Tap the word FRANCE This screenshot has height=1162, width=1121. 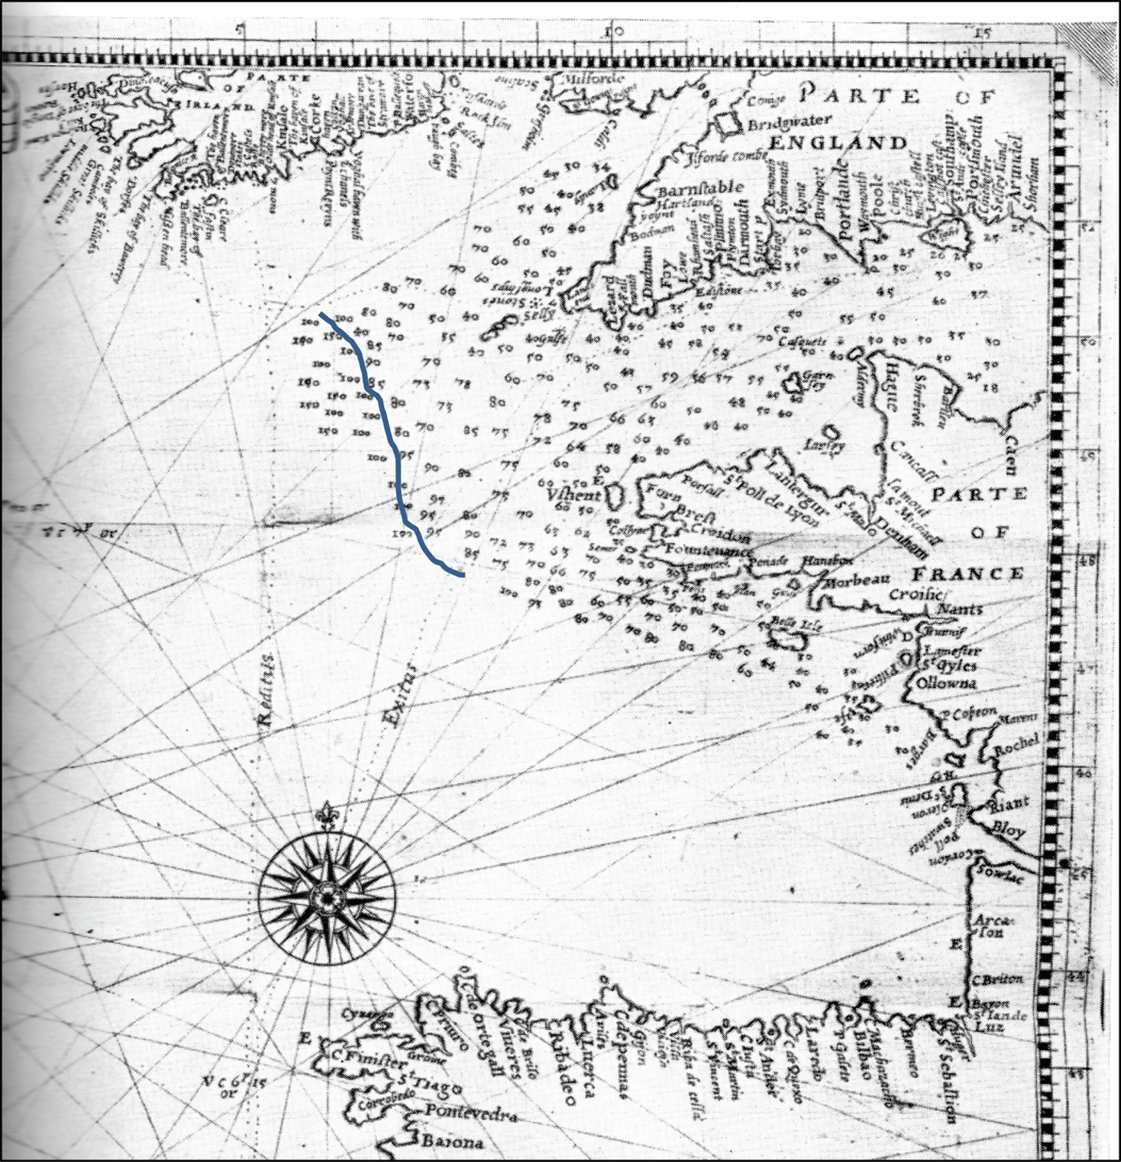click(968, 573)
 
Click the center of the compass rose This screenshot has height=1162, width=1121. click(326, 895)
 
